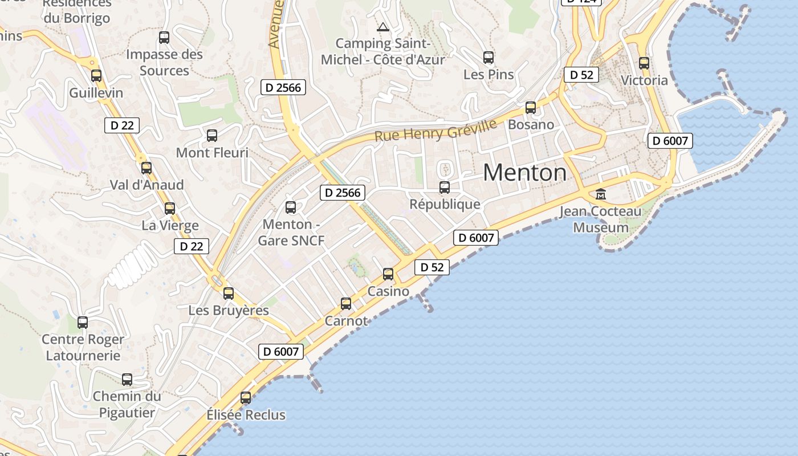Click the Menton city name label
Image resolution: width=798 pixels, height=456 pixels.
(x=525, y=172)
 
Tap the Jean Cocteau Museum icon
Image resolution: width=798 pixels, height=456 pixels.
(x=600, y=195)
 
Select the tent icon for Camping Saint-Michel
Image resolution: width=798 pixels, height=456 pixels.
(x=382, y=26)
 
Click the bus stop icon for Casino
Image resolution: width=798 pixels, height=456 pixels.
(x=388, y=274)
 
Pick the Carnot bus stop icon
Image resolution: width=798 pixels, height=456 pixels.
(x=346, y=304)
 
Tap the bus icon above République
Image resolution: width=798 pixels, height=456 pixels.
(x=445, y=187)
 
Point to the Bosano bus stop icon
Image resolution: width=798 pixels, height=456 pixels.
(x=531, y=107)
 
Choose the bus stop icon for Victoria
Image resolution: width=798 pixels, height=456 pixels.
(x=644, y=63)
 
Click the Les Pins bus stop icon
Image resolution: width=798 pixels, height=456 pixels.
(x=488, y=58)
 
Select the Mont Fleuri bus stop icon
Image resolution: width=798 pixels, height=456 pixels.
(x=212, y=136)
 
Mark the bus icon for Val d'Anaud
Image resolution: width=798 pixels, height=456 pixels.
(x=146, y=168)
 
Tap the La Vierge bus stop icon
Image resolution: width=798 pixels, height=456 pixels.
(x=170, y=209)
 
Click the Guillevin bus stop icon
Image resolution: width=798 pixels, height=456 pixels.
(x=96, y=75)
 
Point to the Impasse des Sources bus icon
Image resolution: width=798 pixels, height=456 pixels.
(x=164, y=38)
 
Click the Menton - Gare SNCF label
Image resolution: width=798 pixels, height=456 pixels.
(x=291, y=233)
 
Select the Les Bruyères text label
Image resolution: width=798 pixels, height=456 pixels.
(x=229, y=311)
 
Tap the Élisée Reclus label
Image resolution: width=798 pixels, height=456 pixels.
(x=246, y=415)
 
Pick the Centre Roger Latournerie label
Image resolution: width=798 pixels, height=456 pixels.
(x=83, y=348)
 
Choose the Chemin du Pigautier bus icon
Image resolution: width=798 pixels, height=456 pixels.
(x=127, y=379)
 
